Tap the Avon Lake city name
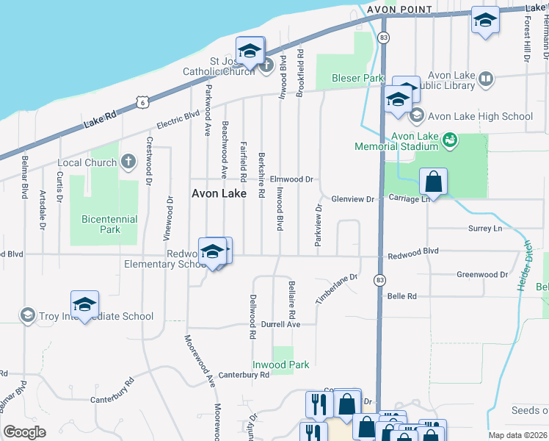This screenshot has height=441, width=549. [x=219, y=194]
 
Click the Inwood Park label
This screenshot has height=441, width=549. [x=280, y=365]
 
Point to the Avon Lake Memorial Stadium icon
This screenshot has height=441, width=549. [x=451, y=137]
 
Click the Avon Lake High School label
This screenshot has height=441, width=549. [x=479, y=116]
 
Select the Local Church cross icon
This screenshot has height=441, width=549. [x=128, y=161]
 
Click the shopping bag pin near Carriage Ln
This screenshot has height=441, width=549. [x=434, y=182]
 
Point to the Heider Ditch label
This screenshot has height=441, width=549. [x=525, y=265]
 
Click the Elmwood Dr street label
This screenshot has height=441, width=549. [x=291, y=179]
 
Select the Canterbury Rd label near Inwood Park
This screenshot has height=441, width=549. [x=244, y=375]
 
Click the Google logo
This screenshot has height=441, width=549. [x=25, y=431]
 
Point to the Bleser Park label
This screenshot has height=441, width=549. [x=358, y=78]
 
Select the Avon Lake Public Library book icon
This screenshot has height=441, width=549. [x=485, y=78]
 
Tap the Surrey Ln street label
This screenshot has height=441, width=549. [x=484, y=229]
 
